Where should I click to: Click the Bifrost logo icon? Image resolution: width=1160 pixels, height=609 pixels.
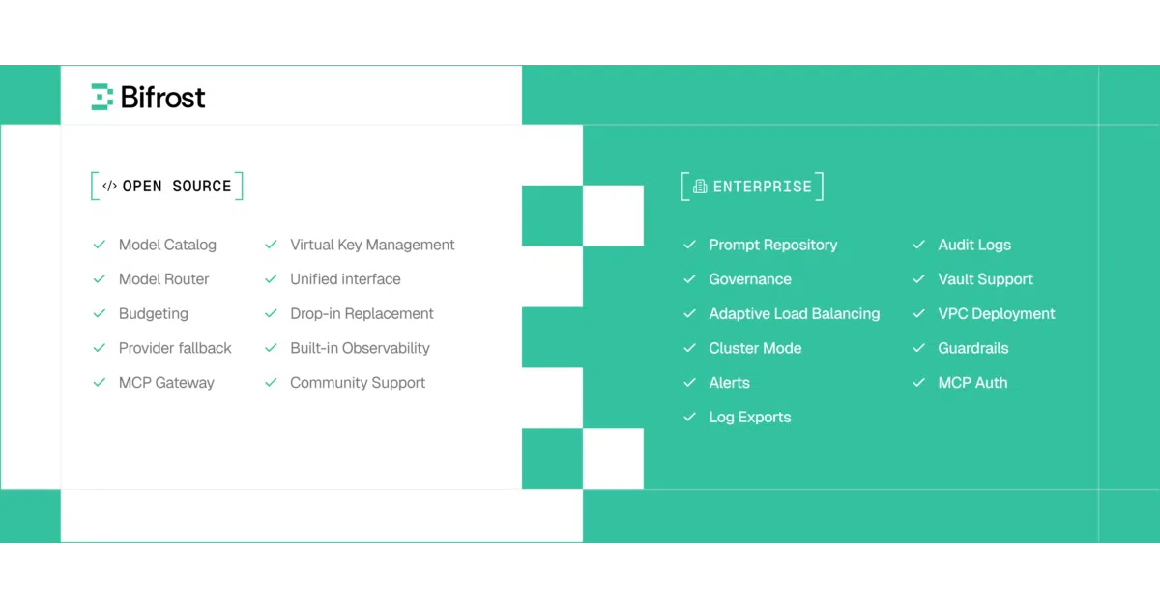[102, 97]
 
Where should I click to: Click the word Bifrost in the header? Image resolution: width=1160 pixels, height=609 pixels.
[162, 98]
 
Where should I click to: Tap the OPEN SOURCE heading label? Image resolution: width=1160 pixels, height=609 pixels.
[177, 186]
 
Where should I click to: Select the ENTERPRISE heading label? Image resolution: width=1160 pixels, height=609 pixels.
[763, 187]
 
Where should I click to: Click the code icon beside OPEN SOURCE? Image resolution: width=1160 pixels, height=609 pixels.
[109, 186]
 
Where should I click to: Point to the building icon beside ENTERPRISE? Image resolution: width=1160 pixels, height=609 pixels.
[700, 187]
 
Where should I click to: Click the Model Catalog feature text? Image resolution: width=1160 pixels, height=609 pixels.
[167, 245]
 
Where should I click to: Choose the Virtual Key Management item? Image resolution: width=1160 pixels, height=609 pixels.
[372, 245]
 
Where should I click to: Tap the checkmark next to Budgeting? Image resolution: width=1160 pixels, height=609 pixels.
[100, 313]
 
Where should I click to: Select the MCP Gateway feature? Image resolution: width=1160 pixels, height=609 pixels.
[166, 383]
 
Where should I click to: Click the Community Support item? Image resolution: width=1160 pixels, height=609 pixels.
[358, 383]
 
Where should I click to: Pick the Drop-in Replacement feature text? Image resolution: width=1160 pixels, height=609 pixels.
[362, 314]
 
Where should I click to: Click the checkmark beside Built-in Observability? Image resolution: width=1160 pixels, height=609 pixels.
[271, 348]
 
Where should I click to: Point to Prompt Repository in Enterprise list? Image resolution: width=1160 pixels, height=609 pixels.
[772, 245]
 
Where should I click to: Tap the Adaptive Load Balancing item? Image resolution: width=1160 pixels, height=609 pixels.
[794, 314]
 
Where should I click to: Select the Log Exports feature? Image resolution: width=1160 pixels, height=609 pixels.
[750, 417]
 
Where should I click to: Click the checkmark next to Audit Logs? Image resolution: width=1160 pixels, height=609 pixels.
[918, 245]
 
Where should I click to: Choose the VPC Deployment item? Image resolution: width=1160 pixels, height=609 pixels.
[997, 314]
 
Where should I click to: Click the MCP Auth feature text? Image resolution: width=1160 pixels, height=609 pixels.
[972, 383]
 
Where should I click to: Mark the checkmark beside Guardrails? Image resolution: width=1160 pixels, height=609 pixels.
[918, 348]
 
